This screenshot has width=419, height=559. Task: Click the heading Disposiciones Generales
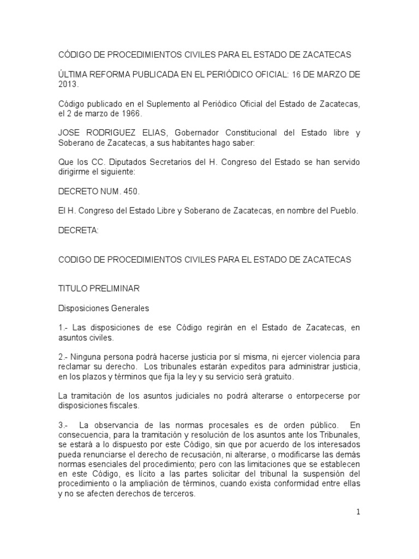point(104,308)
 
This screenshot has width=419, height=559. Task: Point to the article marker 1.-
point(63,327)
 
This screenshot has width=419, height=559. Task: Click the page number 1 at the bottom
point(357,512)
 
